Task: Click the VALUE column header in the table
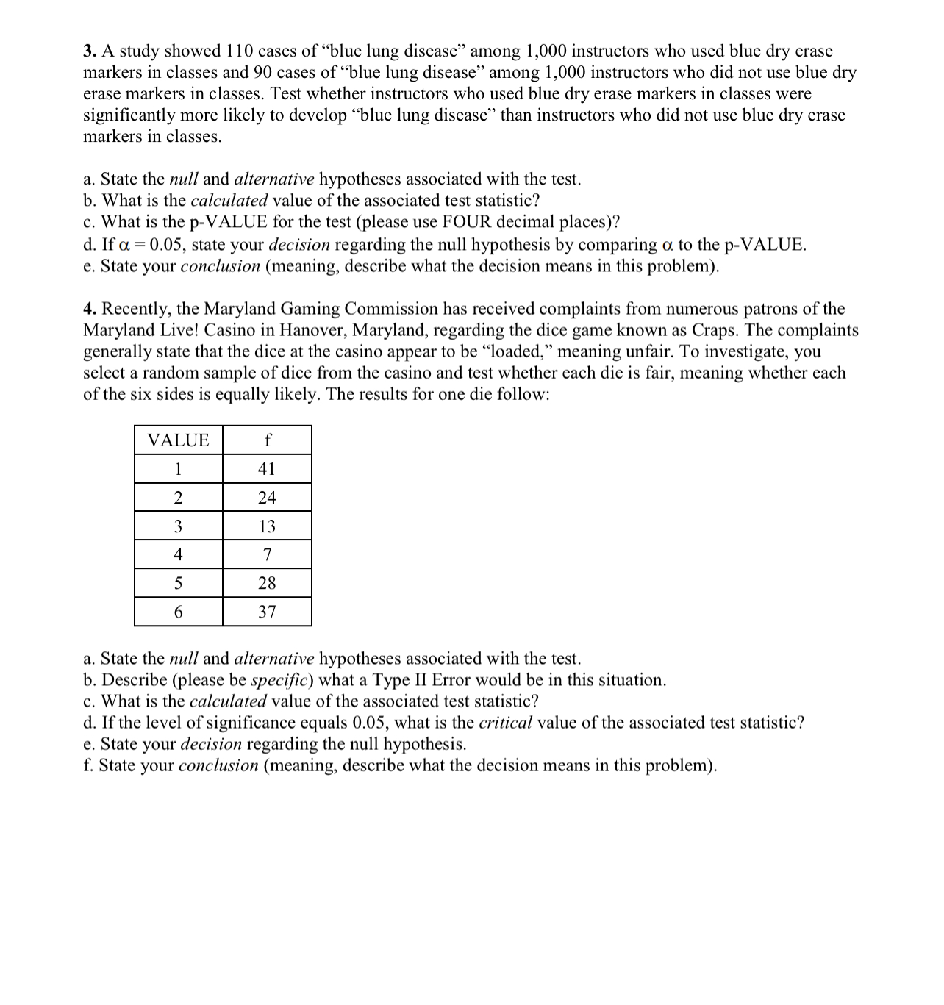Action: pyautogui.click(x=178, y=440)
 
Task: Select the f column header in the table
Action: pyautogui.click(x=267, y=440)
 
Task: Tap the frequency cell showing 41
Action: pyautogui.click(x=267, y=469)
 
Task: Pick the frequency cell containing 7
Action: pyautogui.click(x=267, y=554)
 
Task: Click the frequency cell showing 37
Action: pyautogui.click(x=267, y=612)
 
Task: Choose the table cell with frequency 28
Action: pyautogui.click(x=267, y=583)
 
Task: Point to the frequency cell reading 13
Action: pyautogui.click(x=267, y=526)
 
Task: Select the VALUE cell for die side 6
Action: pyautogui.click(x=178, y=612)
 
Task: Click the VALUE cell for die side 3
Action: pyautogui.click(x=178, y=526)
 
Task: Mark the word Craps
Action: pyautogui.click(x=715, y=330)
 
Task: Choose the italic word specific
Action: pyautogui.click(x=274, y=680)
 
